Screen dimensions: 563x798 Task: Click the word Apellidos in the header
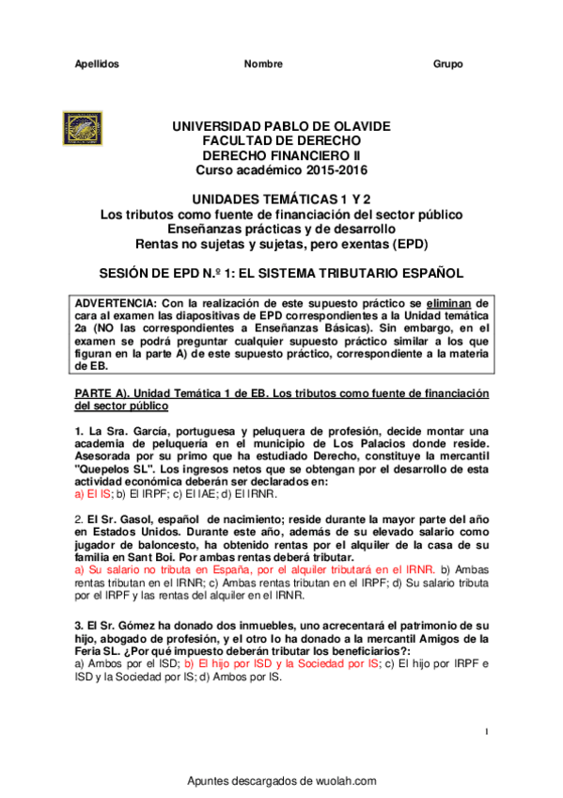tap(97, 64)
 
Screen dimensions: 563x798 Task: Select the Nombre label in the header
tap(263, 64)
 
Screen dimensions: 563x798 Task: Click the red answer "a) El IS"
tap(92, 492)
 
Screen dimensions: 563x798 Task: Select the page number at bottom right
tap(487, 731)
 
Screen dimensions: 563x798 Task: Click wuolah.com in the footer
tap(347, 781)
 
